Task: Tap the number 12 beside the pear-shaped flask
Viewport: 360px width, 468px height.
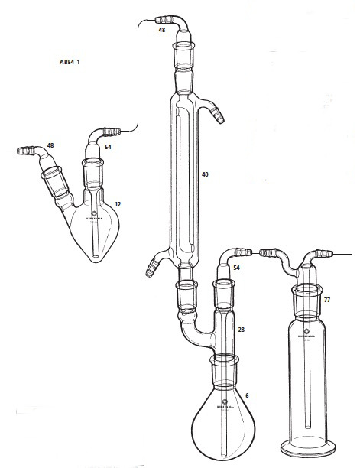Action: click(x=117, y=204)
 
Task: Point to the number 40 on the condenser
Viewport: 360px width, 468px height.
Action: click(x=205, y=175)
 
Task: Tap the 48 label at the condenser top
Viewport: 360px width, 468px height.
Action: click(x=161, y=30)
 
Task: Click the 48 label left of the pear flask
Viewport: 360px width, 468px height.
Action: click(x=50, y=145)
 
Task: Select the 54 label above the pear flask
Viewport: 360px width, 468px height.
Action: click(x=109, y=146)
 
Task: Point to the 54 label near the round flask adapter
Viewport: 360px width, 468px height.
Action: click(x=236, y=268)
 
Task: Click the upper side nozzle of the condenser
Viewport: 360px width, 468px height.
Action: click(x=218, y=115)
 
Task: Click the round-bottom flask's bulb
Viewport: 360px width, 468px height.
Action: click(x=225, y=413)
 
